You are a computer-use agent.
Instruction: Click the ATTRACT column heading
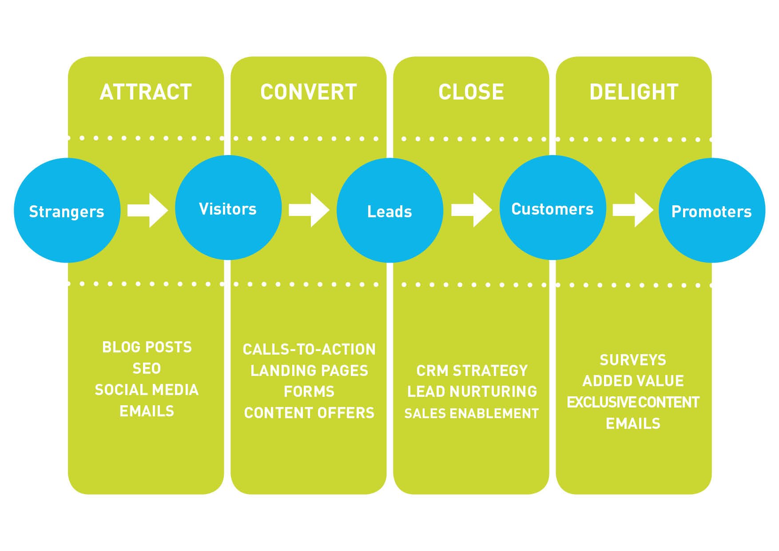(146, 92)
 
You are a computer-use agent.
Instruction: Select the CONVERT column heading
(309, 92)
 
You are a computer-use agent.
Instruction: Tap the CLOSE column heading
(471, 92)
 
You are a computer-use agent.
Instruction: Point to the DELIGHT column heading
(634, 92)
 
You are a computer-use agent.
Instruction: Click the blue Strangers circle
(67, 210)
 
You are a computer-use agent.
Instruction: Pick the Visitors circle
(228, 208)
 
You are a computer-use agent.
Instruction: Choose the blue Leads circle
(389, 210)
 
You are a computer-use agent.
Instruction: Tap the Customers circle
(552, 208)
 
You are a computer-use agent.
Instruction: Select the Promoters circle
(711, 210)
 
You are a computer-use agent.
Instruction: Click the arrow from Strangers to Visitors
(148, 210)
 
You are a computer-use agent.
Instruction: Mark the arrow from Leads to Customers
(472, 210)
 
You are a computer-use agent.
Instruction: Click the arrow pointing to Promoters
(633, 210)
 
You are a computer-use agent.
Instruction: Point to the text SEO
(147, 368)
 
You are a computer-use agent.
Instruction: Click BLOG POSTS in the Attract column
(147, 347)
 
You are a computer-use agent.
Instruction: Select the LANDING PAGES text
(309, 371)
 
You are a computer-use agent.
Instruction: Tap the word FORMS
(309, 391)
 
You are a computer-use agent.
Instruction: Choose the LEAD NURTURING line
(472, 391)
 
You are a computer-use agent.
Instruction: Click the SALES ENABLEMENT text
(472, 413)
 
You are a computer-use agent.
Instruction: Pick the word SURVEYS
(633, 360)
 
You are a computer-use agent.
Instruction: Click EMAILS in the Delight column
(633, 423)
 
